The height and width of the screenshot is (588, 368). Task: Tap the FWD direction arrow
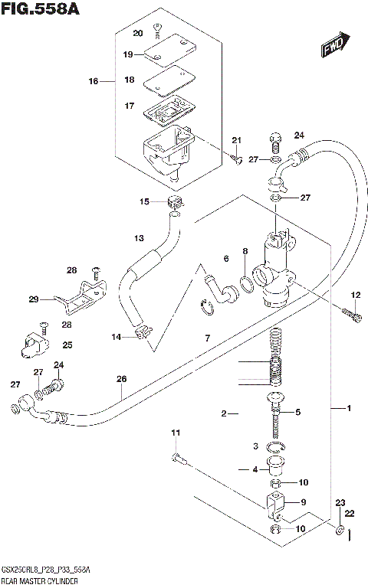pyautogui.click(x=335, y=45)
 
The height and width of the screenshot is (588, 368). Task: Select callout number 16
pyautogui.click(x=94, y=80)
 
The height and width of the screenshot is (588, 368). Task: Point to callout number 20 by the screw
pyautogui.click(x=138, y=33)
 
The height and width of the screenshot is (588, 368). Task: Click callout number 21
pyautogui.click(x=236, y=139)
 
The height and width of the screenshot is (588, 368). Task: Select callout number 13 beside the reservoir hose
pyautogui.click(x=139, y=237)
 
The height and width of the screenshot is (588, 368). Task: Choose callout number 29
pyautogui.click(x=34, y=299)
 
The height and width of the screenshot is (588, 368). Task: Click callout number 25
pyautogui.click(x=67, y=345)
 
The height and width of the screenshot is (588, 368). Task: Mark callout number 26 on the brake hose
pyautogui.click(x=121, y=379)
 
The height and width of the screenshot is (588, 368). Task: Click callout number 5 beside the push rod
pyautogui.click(x=297, y=412)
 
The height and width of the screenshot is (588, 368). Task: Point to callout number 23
pyautogui.click(x=340, y=502)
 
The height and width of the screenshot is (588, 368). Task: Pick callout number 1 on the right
pyautogui.click(x=348, y=409)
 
